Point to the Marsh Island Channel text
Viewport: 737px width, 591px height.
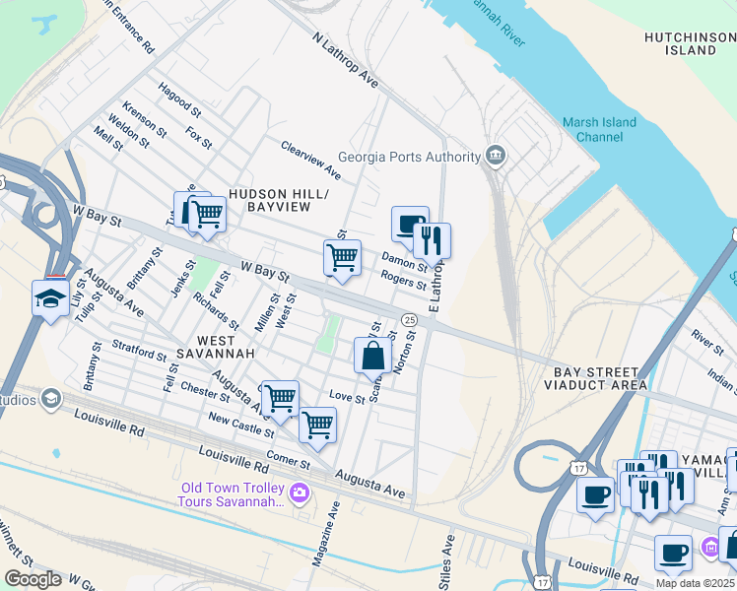click(599, 130)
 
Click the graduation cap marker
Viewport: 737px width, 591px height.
click(50, 299)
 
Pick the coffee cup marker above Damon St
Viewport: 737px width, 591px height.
click(409, 225)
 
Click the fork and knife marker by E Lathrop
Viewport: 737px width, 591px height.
click(432, 240)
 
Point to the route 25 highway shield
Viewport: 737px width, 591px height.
click(408, 318)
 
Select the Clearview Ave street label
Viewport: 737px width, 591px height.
click(310, 159)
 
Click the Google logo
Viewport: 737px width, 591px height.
click(33, 578)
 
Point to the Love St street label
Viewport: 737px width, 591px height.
click(341, 396)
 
